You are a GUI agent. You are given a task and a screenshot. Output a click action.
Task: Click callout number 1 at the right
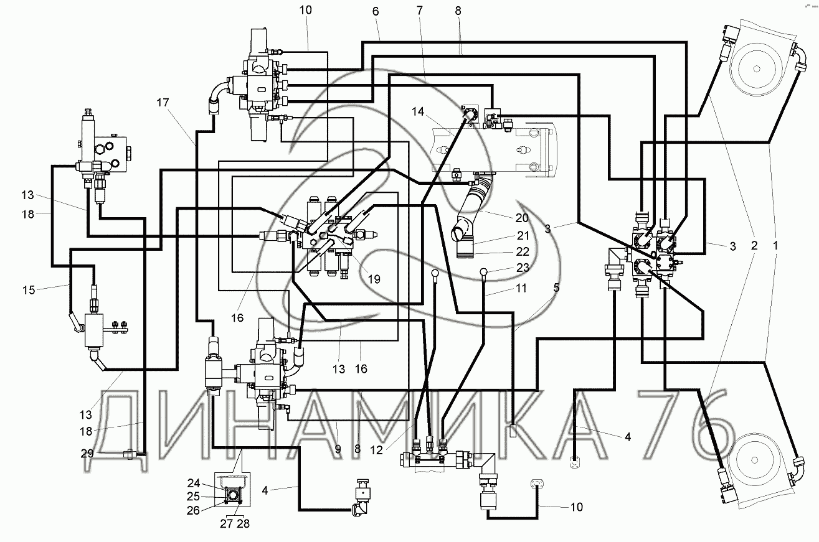coord(775,246)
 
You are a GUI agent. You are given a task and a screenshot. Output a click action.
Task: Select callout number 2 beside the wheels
coord(754,246)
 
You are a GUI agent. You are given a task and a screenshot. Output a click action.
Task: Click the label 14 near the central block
coord(418,112)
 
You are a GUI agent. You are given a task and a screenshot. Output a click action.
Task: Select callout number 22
coord(522,252)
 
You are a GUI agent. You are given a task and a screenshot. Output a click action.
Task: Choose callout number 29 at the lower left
coord(88,453)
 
